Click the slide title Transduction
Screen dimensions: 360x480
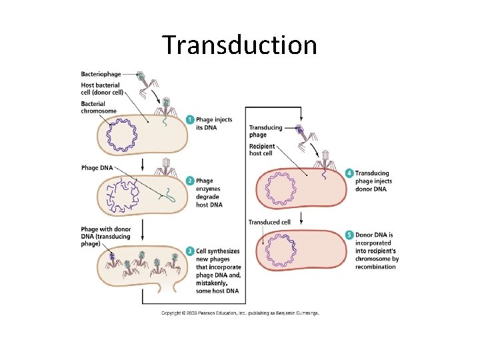(x=239, y=45)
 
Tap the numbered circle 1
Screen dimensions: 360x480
(x=191, y=120)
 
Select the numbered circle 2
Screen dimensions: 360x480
(x=191, y=181)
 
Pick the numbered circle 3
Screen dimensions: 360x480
(x=191, y=251)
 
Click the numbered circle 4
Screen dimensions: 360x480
(x=350, y=173)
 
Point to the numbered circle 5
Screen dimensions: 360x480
(x=350, y=235)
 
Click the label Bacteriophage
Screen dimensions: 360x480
(x=101, y=74)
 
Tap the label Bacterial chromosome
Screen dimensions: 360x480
(x=99, y=107)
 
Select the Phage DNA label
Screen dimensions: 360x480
(x=96, y=167)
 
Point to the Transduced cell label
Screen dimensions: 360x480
(x=269, y=222)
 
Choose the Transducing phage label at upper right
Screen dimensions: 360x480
(x=265, y=131)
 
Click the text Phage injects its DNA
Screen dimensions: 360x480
(x=215, y=123)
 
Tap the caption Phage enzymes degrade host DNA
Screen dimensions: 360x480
(x=210, y=193)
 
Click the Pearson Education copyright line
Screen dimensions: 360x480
(x=240, y=313)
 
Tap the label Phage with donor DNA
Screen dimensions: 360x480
(x=106, y=237)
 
